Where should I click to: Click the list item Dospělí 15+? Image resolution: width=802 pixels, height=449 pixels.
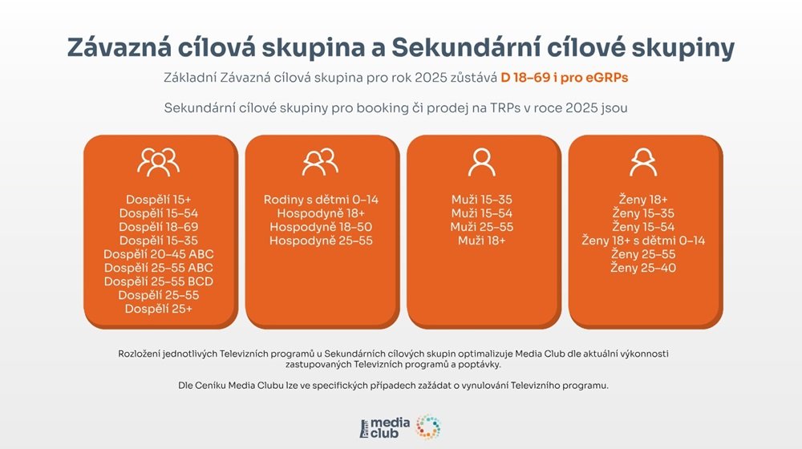point(158,200)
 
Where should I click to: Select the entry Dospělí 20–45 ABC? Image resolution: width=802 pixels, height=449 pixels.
point(158,254)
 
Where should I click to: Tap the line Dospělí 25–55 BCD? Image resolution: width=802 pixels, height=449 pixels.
point(158,281)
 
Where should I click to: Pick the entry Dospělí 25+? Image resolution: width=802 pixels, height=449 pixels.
point(158,309)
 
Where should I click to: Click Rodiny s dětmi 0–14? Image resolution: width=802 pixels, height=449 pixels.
point(320,200)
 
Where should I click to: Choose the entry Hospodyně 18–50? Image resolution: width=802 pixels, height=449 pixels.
point(320,227)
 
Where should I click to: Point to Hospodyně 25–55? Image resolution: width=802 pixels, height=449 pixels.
point(320,241)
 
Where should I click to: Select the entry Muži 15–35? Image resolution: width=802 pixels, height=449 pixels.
point(481,200)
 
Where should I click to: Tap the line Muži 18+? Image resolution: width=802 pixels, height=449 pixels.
point(481,241)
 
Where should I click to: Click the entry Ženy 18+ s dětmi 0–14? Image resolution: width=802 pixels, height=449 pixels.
point(643,241)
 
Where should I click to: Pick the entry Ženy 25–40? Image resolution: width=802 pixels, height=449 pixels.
point(643,268)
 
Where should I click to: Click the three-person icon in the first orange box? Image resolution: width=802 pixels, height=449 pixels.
point(158,163)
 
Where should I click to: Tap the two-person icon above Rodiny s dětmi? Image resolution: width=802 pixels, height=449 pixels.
point(320,163)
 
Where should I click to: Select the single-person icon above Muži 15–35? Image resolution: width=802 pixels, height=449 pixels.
point(481,163)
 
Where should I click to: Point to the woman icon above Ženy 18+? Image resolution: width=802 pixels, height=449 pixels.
point(643,163)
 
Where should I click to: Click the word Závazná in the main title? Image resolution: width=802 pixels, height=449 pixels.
point(125,47)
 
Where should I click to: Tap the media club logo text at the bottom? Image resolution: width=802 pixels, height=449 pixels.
point(390,427)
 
